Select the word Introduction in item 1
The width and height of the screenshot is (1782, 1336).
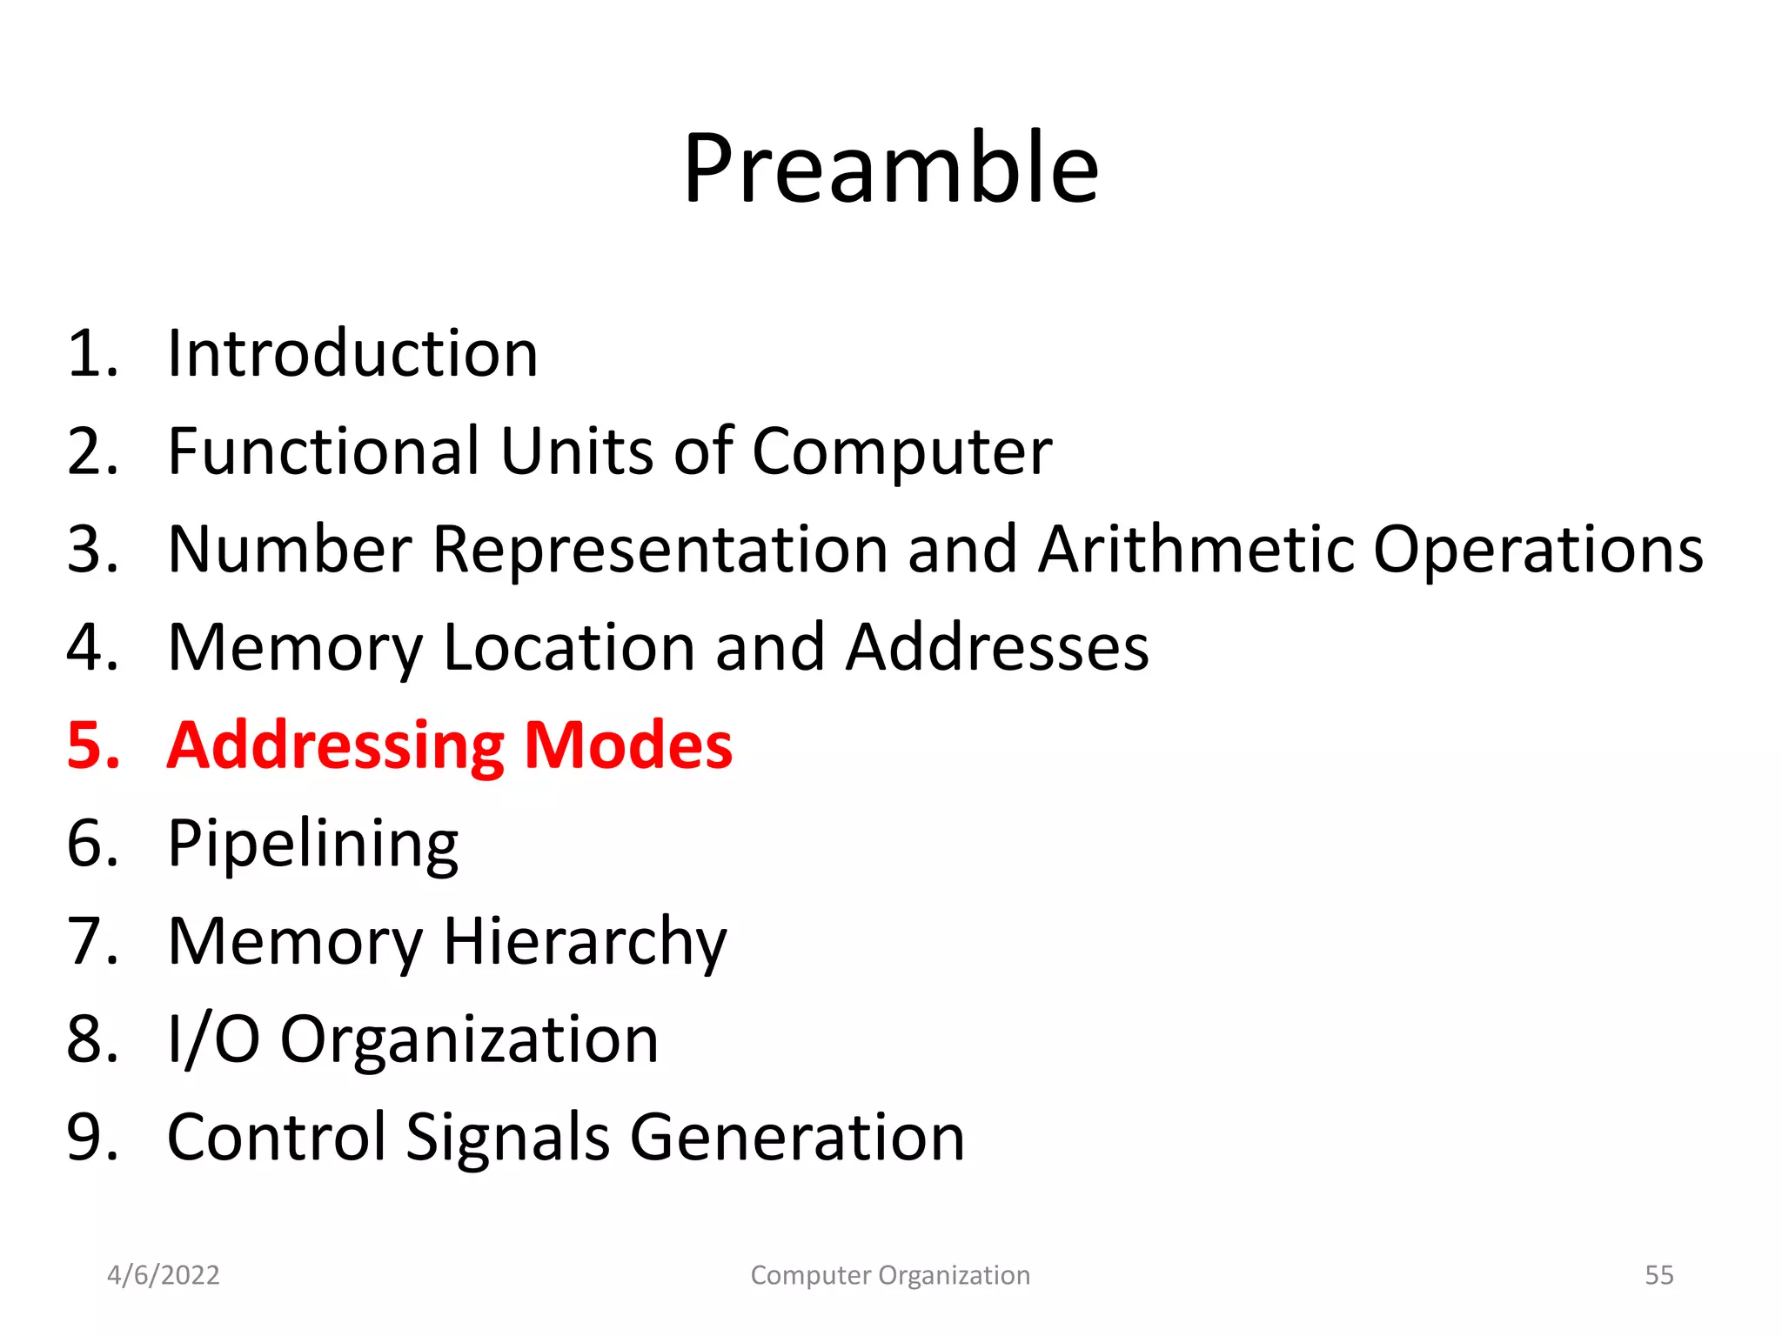coord(352,354)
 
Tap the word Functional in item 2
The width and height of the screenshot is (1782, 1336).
coord(323,451)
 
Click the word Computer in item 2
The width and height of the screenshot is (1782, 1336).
coord(901,453)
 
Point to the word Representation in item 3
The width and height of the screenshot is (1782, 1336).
coord(659,551)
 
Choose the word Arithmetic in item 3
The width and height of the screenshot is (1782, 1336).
coord(1195,550)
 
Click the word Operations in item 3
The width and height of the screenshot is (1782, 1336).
coord(1537,551)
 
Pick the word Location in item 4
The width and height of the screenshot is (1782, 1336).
coord(568,648)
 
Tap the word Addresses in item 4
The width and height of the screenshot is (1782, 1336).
coord(997,648)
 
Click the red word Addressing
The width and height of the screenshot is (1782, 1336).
coord(335,747)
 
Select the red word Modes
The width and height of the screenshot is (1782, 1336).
coord(628,745)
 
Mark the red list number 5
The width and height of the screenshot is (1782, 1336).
coord(91,745)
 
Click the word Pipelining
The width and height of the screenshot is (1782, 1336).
coord(312,845)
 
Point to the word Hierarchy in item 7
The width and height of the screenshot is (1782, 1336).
coord(585,943)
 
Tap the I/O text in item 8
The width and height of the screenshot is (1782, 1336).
coord(213,1039)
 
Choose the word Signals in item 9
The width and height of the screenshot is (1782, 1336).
coord(507,1138)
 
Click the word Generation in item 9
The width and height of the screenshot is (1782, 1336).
coord(797,1138)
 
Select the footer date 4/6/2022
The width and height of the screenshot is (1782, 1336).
coord(163,1275)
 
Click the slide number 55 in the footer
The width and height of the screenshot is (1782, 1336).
coord(1658,1275)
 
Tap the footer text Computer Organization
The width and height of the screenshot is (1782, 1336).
coord(890,1275)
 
